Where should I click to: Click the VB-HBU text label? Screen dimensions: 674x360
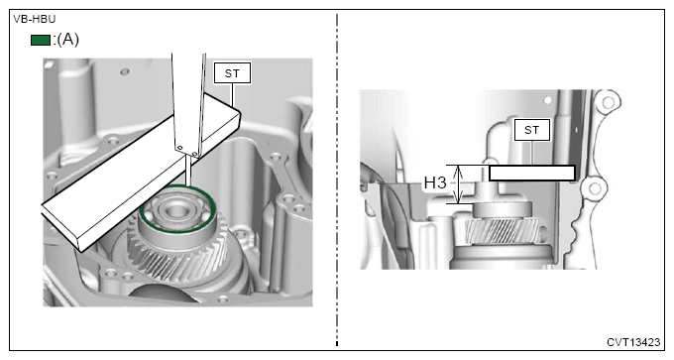pos(35,20)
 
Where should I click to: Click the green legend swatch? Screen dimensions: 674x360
pos(41,40)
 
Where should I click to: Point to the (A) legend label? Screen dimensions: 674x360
pos(68,40)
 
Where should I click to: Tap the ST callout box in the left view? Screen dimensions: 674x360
pos(232,73)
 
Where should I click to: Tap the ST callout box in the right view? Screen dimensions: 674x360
pos(531,130)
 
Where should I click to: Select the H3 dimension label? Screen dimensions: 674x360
pos(435,182)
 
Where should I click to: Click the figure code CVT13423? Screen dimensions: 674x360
pos(633,342)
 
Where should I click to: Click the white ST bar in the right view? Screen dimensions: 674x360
pos(532,173)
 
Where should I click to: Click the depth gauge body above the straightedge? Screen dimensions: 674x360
pos(188,103)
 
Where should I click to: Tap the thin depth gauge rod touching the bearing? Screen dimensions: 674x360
pos(188,171)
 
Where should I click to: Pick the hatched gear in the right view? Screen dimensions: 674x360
pos(503,230)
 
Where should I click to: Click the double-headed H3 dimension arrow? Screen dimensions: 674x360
pos(459,184)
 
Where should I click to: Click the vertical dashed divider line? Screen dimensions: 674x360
pos(337,180)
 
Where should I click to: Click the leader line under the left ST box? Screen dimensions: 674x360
pos(232,95)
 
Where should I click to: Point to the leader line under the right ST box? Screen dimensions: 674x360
pos(531,153)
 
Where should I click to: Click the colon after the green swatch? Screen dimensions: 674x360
pos(54,41)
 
